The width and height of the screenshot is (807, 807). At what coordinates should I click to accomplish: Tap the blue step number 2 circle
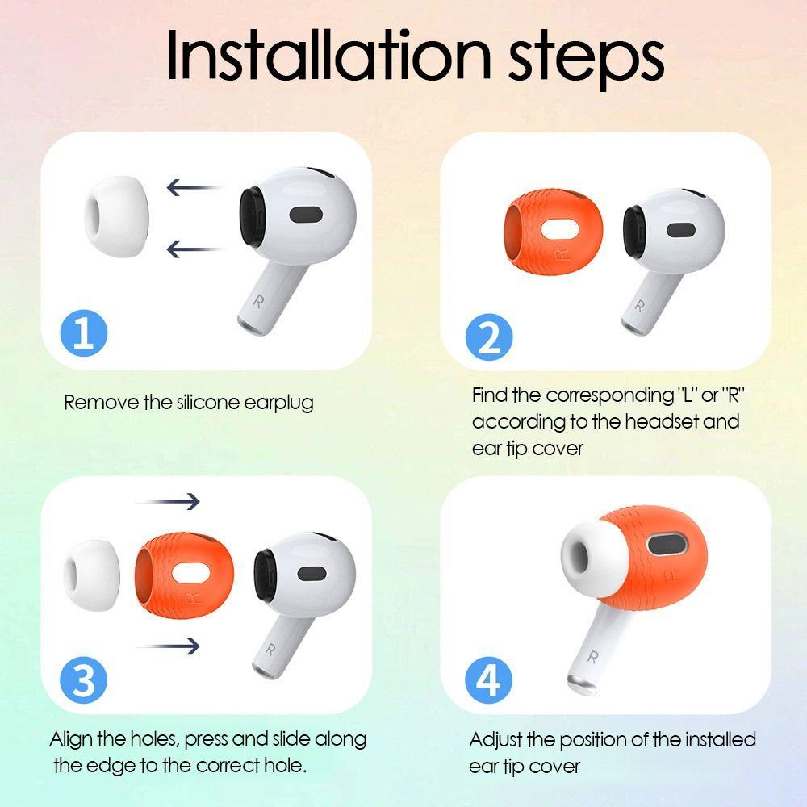click(x=489, y=337)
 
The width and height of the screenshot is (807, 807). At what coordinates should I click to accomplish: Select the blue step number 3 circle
click(x=84, y=680)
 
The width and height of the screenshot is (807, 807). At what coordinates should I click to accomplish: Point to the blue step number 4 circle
click(x=489, y=680)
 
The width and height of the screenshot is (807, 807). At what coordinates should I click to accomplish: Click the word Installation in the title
click(x=328, y=55)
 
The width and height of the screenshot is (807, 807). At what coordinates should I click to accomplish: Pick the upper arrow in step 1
click(x=194, y=187)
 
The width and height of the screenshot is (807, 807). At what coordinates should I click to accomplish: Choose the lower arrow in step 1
click(x=194, y=249)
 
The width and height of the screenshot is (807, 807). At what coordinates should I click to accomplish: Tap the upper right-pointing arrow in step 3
click(x=167, y=501)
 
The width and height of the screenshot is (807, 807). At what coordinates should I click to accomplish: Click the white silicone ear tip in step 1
click(x=117, y=216)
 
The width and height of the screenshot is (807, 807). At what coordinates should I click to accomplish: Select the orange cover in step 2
click(x=554, y=232)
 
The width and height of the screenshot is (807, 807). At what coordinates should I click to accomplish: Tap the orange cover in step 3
click(x=184, y=575)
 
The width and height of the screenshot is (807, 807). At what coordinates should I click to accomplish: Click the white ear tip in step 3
click(x=92, y=575)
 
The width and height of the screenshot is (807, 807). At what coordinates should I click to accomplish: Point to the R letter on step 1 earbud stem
click(x=258, y=302)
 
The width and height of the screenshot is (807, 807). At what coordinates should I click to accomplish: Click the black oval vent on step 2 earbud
click(x=681, y=230)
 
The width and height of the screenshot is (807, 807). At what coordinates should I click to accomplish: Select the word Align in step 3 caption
click(x=72, y=740)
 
